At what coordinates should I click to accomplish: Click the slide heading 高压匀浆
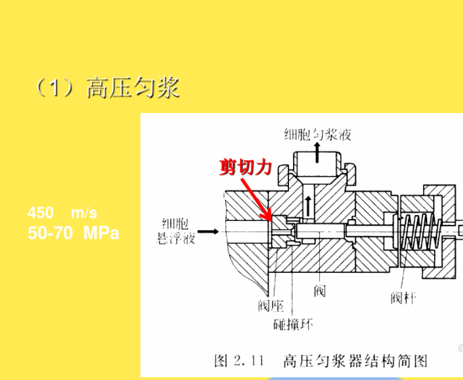click(x=133, y=87)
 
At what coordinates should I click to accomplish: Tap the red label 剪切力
click(x=245, y=167)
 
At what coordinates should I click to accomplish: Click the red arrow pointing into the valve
click(x=256, y=199)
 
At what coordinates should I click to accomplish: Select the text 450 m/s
click(x=62, y=213)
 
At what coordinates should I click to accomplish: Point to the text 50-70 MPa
click(x=73, y=233)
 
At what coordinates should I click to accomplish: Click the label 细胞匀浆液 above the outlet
click(x=317, y=134)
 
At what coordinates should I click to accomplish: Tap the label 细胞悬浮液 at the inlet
click(x=176, y=231)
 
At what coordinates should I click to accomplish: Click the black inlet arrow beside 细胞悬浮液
click(x=208, y=232)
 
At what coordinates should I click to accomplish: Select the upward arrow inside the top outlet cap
click(x=317, y=152)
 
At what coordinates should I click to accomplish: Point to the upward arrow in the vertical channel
click(x=308, y=206)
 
